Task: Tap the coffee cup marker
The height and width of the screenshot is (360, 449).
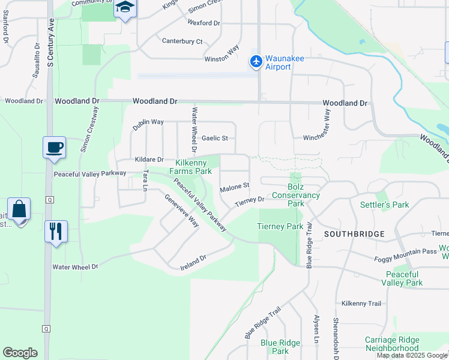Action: tap(54, 147)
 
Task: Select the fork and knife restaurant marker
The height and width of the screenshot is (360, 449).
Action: tap(56, 231)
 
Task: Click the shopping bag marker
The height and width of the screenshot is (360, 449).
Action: tap(19, 209)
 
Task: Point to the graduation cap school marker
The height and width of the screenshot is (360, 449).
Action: tap(125, 8)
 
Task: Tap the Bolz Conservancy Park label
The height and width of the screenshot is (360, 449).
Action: tap(295, 199)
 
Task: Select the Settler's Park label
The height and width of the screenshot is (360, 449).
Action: tap(384, 205)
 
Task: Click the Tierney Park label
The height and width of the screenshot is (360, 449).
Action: tap(280, 226)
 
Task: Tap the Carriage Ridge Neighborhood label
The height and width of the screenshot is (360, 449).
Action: tap(391, 344)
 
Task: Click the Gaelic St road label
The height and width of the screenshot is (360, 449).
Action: tap(214, 138)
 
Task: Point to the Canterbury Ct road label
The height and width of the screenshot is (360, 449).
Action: tap(182, 41)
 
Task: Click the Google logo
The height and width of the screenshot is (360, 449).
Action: tap(20, 353)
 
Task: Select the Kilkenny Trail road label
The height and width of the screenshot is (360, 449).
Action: tap(361, 304)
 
